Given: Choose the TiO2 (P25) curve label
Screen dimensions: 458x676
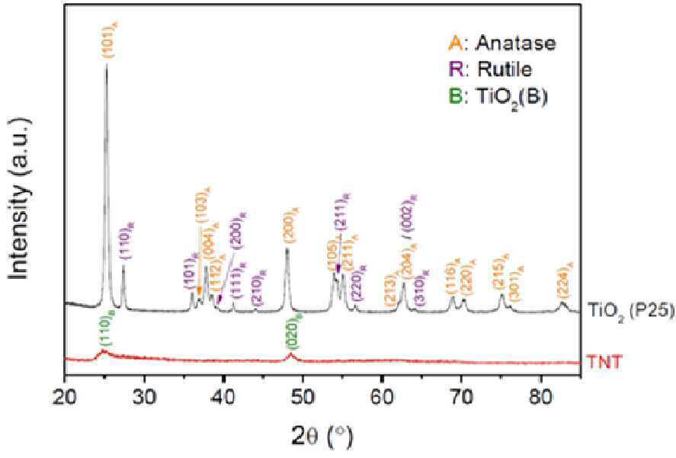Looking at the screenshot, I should coord(630,309).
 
